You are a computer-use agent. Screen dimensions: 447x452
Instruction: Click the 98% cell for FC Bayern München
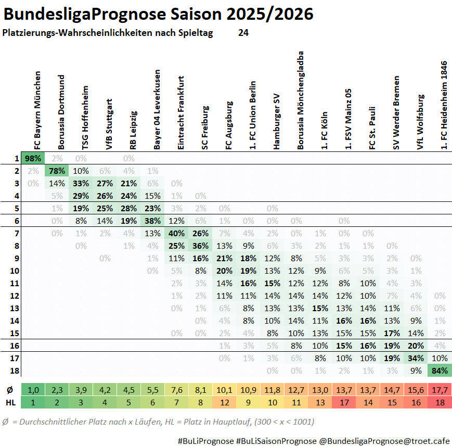click(33, 158)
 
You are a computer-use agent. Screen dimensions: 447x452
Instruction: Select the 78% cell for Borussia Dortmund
click(57, 171)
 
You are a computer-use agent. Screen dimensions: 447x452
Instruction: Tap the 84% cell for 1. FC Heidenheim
click(440, 371)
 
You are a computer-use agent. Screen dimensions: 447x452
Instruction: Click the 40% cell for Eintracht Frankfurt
click(177, 233)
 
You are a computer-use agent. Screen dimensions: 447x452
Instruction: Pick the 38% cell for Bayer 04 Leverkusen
click(153, 221)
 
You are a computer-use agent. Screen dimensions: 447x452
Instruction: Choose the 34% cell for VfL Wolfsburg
click(416, 358)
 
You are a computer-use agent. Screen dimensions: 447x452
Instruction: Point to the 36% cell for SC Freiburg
click(201, 246)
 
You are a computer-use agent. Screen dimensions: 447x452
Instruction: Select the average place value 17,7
click(440, 390)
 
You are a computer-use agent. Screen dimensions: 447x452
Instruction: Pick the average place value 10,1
click(225, 390)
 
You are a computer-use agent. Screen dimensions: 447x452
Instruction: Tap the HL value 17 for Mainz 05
click(344, 402)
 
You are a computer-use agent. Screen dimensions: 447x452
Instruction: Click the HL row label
click(10, 402)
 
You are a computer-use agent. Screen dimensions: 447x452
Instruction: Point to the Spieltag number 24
click(243, 33)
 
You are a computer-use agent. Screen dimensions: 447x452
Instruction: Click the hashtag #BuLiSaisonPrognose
click(276, 441)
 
